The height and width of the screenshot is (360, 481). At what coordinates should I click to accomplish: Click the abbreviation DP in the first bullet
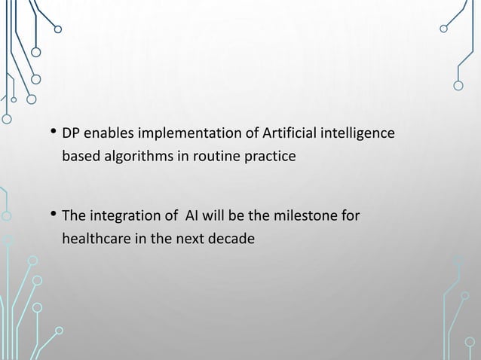click(71, 135)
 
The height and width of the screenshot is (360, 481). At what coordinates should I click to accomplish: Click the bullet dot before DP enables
click(53, 135)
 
